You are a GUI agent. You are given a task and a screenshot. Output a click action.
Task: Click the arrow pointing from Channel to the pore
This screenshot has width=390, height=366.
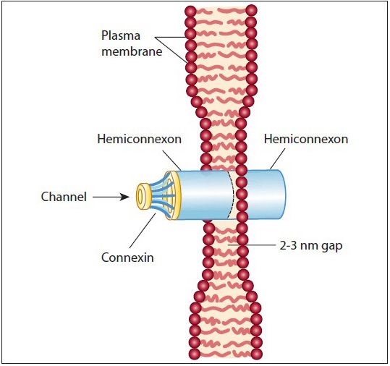click(112, 195)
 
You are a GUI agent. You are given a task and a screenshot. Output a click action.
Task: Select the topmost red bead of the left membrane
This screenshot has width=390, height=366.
click(190, 12)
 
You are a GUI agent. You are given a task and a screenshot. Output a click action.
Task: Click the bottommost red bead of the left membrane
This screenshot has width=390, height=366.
click(194, 354)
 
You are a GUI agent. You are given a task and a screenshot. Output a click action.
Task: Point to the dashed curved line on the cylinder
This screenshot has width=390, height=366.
click(234, 195)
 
